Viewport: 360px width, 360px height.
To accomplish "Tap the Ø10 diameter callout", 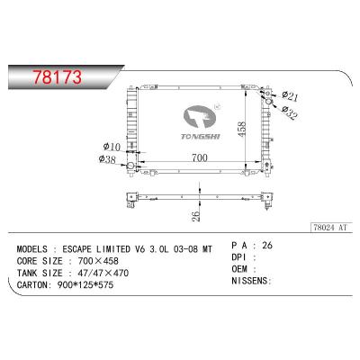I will tap(112, 147).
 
